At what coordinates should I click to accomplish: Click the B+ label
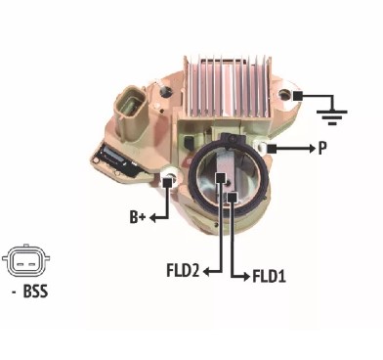[x=138, y=217]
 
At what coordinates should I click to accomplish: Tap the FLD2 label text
[x=183, y=271]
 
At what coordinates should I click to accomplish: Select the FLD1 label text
[x=270, y=277]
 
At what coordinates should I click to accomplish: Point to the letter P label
[x=322, y=149]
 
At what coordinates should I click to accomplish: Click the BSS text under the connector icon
[x=36, y=292]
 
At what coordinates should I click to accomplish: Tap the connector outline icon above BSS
[x=26, y=259]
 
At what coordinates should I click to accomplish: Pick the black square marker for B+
[x=167, y=182]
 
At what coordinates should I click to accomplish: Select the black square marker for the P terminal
[x=272, y=149]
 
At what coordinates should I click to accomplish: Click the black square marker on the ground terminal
[x=298, y=96]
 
